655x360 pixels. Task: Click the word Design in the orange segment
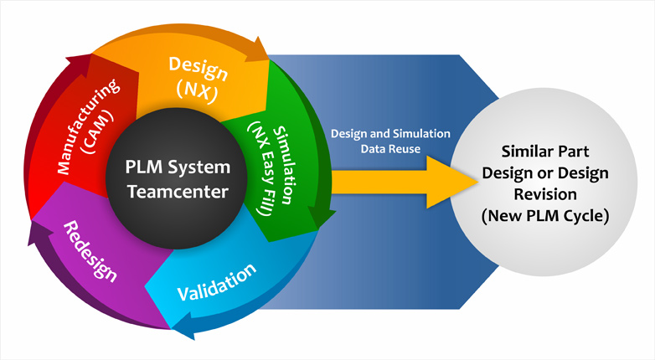point(198,68)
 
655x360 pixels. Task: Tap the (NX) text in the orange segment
point(197,90)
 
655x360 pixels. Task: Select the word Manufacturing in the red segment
point(88,126)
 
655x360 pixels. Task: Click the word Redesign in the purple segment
point(90,251)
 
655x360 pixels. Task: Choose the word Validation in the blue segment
point(216,282)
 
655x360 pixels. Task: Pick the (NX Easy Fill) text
point(262,169)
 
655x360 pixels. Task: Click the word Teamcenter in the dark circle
point(178,191)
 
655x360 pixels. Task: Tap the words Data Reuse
point(390,149)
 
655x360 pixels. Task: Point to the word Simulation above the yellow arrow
point(424,134)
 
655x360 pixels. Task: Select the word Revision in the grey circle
point(545,194)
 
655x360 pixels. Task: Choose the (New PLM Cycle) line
point(545,216)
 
